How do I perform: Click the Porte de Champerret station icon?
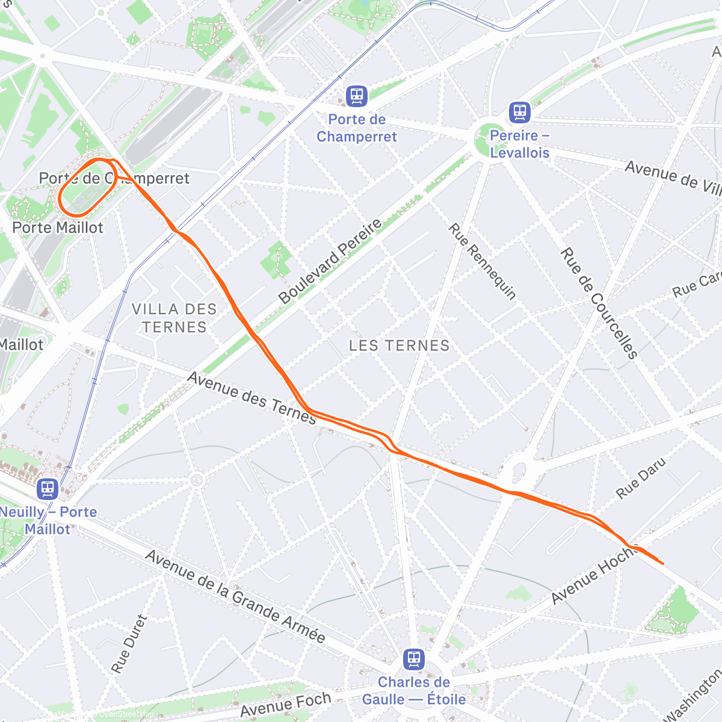click(357, 96)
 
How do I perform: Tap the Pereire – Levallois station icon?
click(519, 112)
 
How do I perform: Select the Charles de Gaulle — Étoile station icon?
click(413, 659)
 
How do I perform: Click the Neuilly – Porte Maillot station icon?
click(48, 489)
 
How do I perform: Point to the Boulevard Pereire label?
click(330, 261)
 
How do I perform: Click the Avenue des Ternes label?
click(251, 398)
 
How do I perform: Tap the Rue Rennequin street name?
click(483, 261)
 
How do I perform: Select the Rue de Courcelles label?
click(599, 303)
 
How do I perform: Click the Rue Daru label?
click(641, 478)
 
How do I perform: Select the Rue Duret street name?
click(129, 643)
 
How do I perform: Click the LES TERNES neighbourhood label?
click(400, 345)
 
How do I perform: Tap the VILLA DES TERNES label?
click(174, 318)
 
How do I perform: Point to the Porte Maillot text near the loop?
click(58, 227)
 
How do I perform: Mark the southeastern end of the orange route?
click(662, 563)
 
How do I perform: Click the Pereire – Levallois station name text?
click(520, 144)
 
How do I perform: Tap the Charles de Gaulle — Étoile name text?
click(413, 691)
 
